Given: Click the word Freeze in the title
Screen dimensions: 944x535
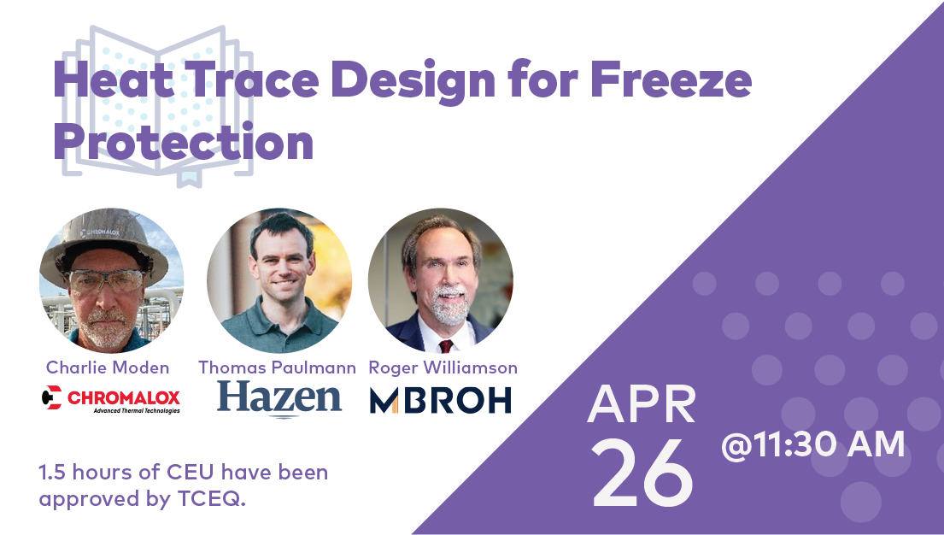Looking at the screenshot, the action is [671, 79].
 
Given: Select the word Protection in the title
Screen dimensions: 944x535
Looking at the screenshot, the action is [184, 142].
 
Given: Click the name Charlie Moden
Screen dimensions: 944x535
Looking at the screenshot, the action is [108, 367].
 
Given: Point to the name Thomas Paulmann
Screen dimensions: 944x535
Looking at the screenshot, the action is [278, 367].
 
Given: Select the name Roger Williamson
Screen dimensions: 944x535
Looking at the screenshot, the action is [443, 367].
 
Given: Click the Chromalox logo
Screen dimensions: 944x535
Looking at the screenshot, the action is [111, 399].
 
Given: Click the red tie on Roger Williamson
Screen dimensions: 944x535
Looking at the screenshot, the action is [445, 346].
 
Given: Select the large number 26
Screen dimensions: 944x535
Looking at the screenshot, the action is [643, 473].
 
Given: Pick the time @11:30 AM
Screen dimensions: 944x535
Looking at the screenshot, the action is [812, 444].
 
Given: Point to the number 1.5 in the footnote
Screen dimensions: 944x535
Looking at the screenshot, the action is [52, 472].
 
